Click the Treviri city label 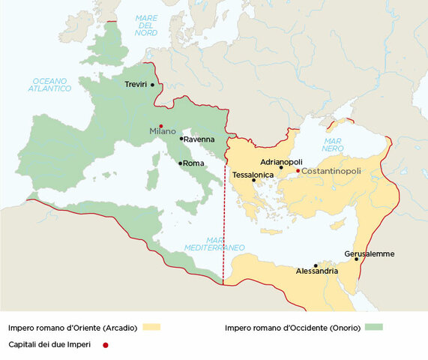[x=136, y=85]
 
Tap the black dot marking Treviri [x=153, y=85]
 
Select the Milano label [x=163, y=131]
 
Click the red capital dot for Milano [x=161, y=124]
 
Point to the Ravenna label [x=199, y=139]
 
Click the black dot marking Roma [x=180, y=163]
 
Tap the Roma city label [x=194, y=163]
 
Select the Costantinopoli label [x=331, y=171]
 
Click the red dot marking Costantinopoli [x=298, y=171]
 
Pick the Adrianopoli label [x=281, y=161]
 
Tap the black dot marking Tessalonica [x=254, y=180]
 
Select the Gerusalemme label [x=369, y=253]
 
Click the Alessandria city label [x=316, y=271]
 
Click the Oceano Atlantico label [x=51, y=84]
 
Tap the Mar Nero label [x=332, y=145]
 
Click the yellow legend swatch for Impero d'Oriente [x=151, y=327]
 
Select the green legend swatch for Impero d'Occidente [x=373, y=327]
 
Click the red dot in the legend [x=105, y=344]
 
